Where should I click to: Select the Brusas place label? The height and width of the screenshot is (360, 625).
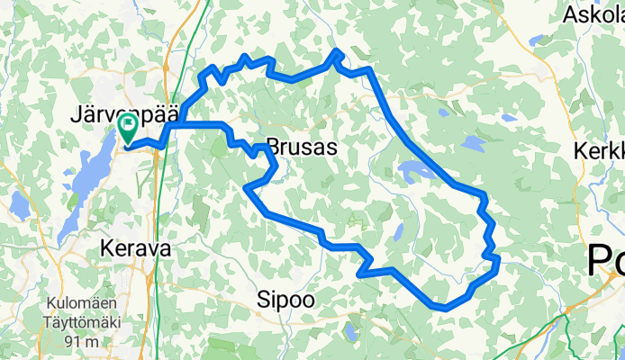coord(301,148)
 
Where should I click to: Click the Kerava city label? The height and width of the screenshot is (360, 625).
coord(135,248)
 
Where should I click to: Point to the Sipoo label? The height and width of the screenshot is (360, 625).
coord(285,301)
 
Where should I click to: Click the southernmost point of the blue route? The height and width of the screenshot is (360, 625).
coord(444,308)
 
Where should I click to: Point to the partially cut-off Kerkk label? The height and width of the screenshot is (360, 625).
coord(600,150)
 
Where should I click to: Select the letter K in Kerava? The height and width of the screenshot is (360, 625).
coord(108,248)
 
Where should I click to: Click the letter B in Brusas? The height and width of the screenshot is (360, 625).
coord(272,148)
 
